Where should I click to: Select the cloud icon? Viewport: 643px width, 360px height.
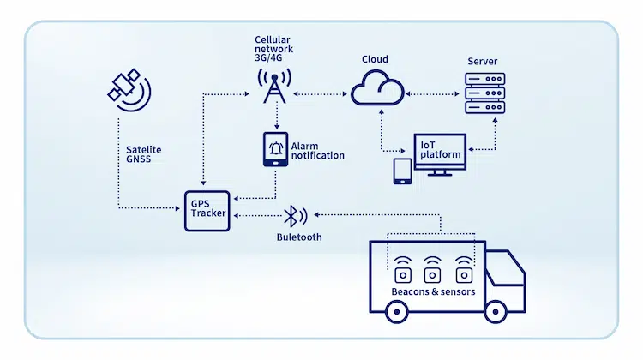(x=378, y=87)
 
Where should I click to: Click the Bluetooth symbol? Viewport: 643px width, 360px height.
(x=291, y=215)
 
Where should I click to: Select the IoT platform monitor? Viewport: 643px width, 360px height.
(x=440, y=154)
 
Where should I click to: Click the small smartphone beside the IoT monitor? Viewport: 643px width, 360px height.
(x=401, y=171)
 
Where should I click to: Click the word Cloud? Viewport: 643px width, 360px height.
(x=375, y=59)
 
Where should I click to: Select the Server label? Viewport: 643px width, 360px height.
(x=481, y=62)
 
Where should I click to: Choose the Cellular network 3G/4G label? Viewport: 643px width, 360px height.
(x=274, y=51)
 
